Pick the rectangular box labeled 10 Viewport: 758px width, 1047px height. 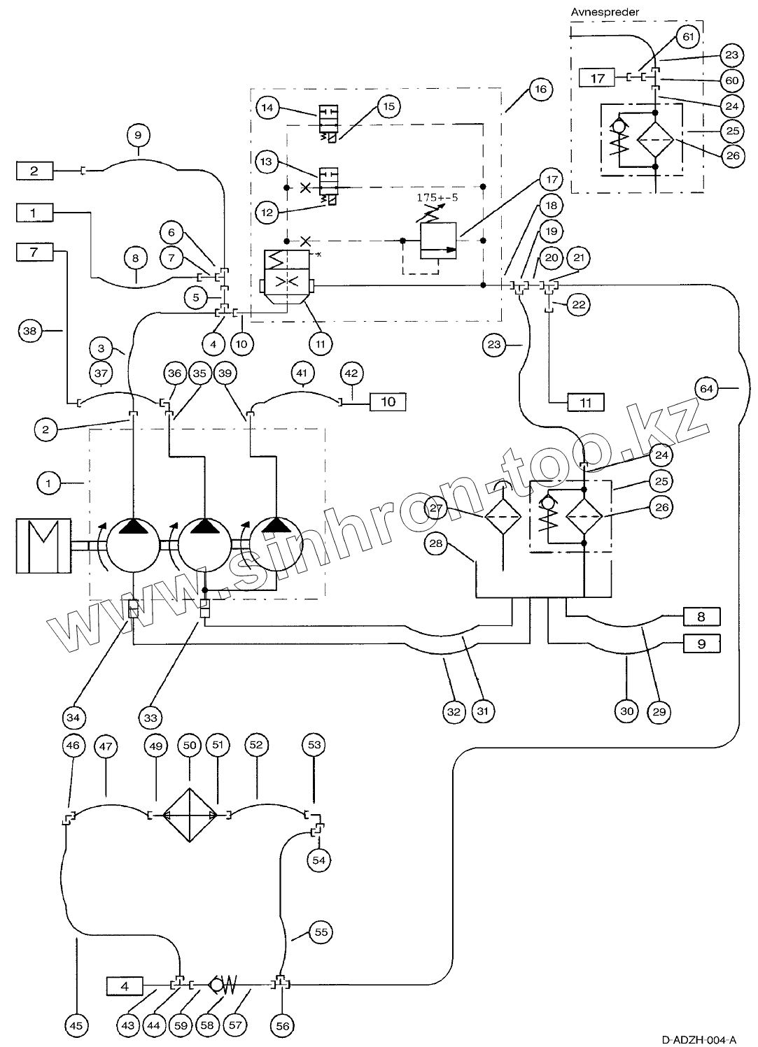[388, 401]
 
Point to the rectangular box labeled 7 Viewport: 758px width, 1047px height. [35, 251]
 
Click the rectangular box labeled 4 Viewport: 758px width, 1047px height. [125, 986]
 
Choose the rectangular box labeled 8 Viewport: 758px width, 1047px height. [701, 617]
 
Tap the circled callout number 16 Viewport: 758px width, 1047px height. [540, 89]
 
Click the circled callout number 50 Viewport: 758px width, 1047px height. [190, 745]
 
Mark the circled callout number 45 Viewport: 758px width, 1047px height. [77, 1025]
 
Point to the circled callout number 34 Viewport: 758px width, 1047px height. [73, 717]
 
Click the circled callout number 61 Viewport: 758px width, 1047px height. [688, 36]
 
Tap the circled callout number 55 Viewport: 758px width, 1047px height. [321, 932]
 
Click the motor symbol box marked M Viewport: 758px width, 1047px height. [43, 545]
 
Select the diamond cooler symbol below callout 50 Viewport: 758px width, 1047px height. [190, 815]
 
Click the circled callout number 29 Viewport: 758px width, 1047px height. [659, 711]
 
